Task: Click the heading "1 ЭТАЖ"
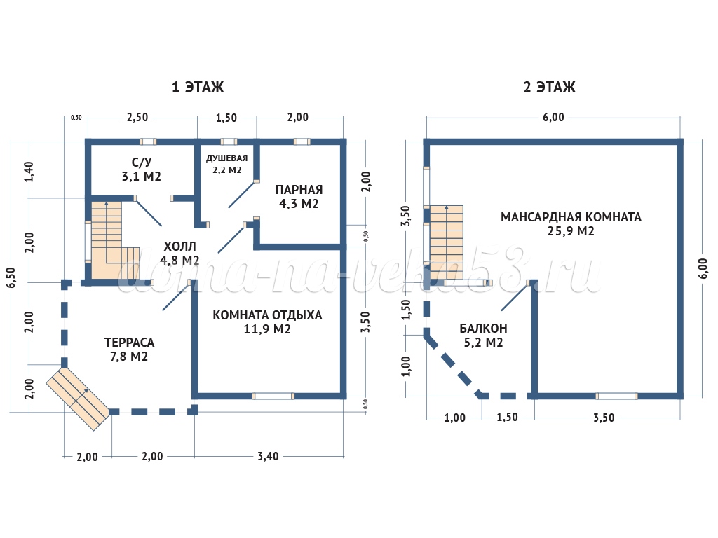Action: click(198, 88)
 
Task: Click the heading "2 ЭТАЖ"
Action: click(549, 88)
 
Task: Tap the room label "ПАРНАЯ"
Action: click(299, 190)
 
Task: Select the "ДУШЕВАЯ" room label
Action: click(226, 158)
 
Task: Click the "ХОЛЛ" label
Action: click(180, 247)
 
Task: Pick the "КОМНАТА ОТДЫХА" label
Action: click(267, 315)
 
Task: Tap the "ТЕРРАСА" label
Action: click(129, 343)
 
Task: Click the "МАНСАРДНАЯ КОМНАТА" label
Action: click(571, 216)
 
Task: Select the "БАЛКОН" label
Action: click(483, 328)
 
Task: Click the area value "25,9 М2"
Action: click(571, 231)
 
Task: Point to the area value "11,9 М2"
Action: click(267, 330)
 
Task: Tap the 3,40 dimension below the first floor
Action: click(267, 456)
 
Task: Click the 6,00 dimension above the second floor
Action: click(553, 117)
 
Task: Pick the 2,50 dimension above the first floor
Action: click(137, 117)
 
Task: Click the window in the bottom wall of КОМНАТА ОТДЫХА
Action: click(273, 396)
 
